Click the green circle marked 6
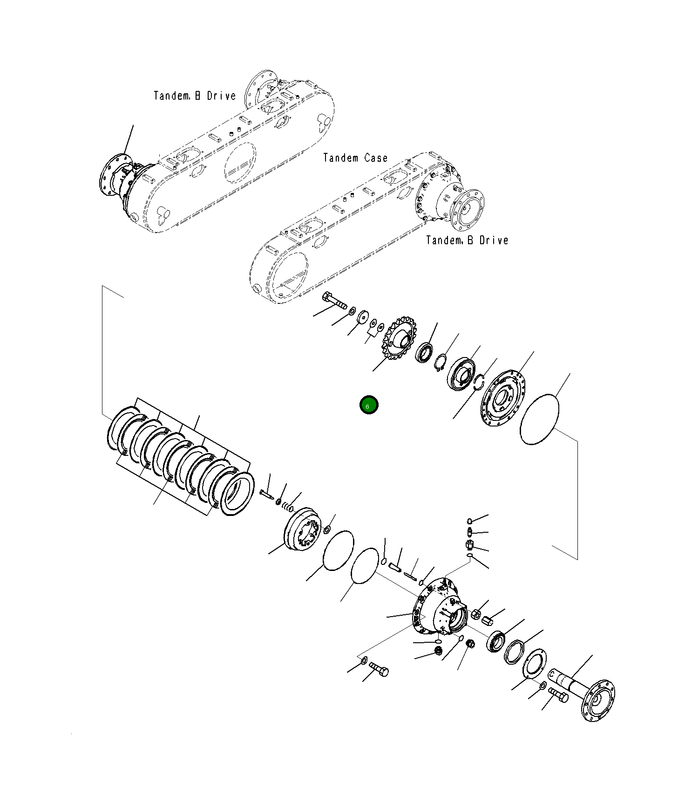(x=369, y=405)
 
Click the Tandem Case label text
(x=355, y=158)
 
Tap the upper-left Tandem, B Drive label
(x=195, y=96)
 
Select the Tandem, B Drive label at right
(x=467, y=241)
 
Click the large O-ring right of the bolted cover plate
(x=539, y=419)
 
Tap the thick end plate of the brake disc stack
(x=237, y=493)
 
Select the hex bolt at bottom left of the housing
(x=379, y=670)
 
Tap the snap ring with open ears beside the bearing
(x=441, y=362)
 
